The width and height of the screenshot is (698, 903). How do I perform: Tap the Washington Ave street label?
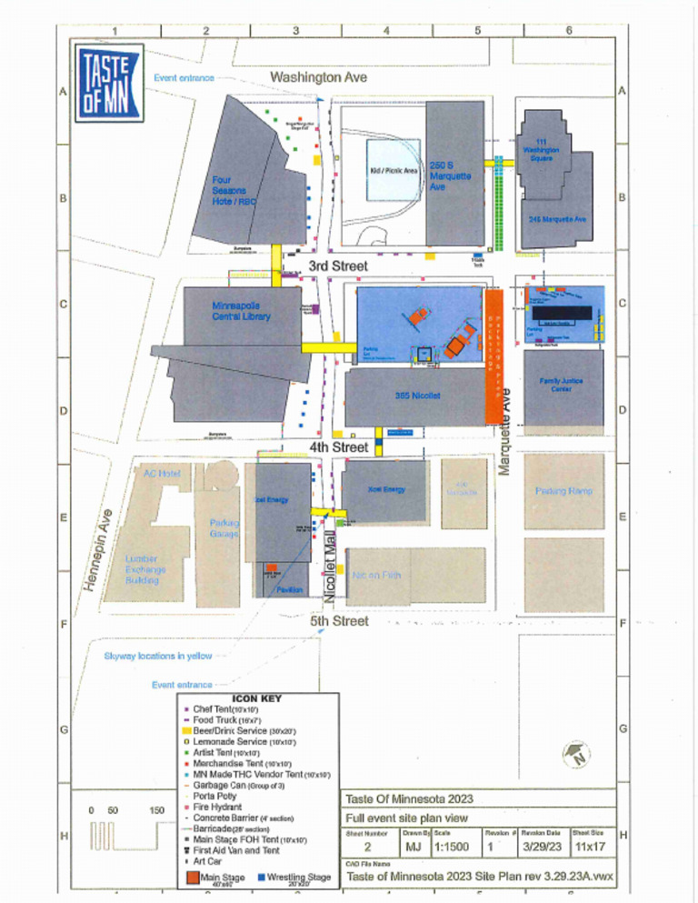coord(318,78)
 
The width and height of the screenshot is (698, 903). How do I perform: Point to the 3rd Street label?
coord(337,266)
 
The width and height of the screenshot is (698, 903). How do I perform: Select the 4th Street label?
coord(338,447)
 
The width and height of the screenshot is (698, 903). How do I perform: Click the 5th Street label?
coord(338,621)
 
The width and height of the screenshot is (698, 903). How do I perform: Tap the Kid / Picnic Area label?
coord(394,170)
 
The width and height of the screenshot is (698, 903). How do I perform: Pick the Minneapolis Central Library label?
coord(241,311)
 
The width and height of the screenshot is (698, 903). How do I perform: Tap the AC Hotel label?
coord(163,474)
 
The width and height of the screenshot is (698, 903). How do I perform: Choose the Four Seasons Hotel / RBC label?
coord(232,191)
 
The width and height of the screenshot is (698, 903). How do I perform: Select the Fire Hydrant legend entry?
coord(218,806)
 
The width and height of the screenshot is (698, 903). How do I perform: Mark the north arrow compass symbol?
coord(574,753)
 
